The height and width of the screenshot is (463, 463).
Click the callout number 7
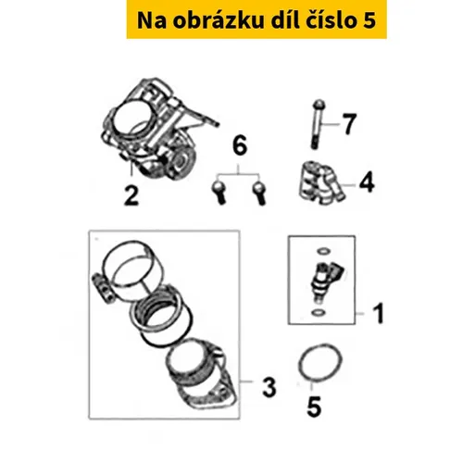click(x=349, y=124)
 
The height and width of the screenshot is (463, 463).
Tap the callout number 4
click(x=368, y=181)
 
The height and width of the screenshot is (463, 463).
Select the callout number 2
click(x=131, y=195)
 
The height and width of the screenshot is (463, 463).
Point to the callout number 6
click(x=240, y=145)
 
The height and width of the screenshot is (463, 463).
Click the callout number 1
click(x=379, y=313)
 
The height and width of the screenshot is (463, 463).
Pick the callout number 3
click(x=269, y=386)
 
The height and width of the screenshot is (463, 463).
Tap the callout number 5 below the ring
click(x=314, y=406)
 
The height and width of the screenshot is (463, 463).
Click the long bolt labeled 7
click(x=317, y=125)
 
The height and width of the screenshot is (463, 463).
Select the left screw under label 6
click(x=219, y=192)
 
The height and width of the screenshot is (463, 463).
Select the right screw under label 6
click(x=259, y=192)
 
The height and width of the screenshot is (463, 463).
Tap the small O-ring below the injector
click(x=319, y=313)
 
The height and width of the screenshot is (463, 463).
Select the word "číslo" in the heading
click(x=328, y=20)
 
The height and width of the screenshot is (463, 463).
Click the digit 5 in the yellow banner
click(x=369, y=21)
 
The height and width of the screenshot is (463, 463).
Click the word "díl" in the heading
click(x=284, y=20)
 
